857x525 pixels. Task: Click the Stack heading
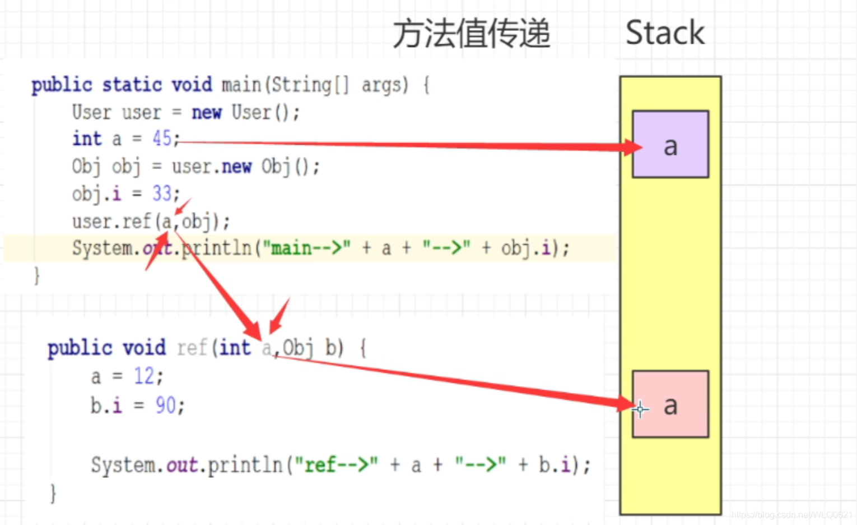coord(665,33)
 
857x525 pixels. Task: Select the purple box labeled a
coord(670,145)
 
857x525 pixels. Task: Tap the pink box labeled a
coord(670,404)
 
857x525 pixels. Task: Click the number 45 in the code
coord(162,138)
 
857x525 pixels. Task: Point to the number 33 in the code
coord(162,194)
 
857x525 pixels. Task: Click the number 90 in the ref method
coord(166,405)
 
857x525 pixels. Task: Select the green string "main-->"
coord(307,247)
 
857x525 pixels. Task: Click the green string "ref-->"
coord(336,464)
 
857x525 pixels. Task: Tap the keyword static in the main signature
coord(132,85)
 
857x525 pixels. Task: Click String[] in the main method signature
coord(307,85)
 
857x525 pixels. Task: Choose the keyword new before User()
coord(207,112)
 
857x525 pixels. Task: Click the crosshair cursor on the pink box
coord(640,409)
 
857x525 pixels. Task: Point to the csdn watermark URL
coord(792,515)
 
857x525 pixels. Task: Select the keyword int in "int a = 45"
coord(87,139)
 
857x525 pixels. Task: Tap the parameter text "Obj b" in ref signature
coord(311,348)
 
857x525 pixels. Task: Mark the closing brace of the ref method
coord(53,493)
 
